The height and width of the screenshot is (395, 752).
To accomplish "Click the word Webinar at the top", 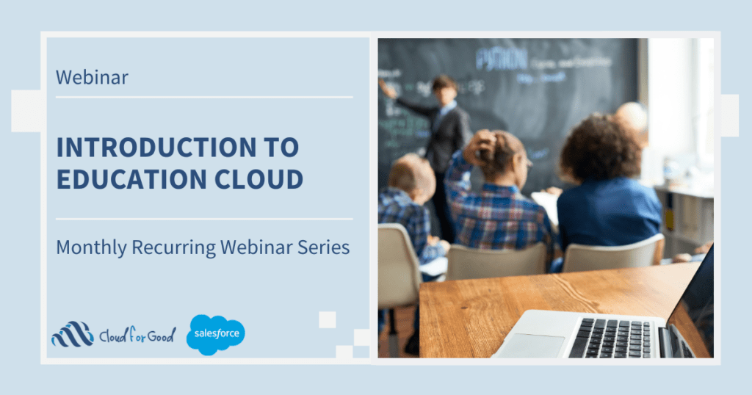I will click(x=92, y=77).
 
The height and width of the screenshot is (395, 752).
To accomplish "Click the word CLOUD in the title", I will click(x=262, y=178).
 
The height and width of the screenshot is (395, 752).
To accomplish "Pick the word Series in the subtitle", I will click(x=322, y=247).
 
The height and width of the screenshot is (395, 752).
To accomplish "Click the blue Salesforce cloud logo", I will click(x=215, y=334).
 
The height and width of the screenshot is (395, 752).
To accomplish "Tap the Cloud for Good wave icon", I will click(x=72, y=334).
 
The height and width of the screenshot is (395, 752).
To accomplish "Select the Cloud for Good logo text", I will click(x=137, y=336).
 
